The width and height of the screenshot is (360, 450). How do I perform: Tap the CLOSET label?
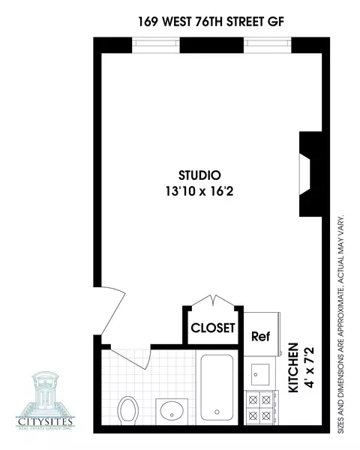coord(214,328)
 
